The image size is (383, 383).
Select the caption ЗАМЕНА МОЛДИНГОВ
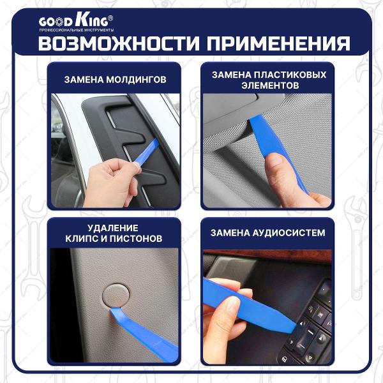click(x=116, y=80)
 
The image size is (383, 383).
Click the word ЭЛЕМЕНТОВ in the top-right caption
click(x=269, y=86)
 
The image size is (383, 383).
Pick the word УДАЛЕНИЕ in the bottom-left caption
click(x=115, y=227)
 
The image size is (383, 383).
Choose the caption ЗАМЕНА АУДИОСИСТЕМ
click(x=268, y=232)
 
